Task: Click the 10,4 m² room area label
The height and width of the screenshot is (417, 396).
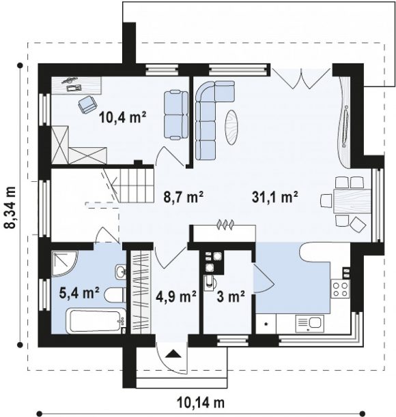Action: pyautogui.click(x=123, y=118)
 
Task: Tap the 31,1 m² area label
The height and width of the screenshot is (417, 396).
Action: pyautogui.click(x=274, y=197)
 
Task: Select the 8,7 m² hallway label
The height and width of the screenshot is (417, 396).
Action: pyautogui.click(x=184, y=197)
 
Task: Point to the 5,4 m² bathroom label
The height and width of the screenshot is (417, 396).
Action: pyautogui.click(x=79, y=294)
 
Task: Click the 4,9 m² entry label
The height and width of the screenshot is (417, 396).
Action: pyautogui.click(x=176, y=296)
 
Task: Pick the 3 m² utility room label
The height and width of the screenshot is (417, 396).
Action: pyautogui.click(x=231, y=296)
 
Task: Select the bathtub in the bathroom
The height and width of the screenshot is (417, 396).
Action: pyautogui.click(x=96, y=320)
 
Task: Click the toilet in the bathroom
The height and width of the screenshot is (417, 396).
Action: pyautogui.click(x=115, y=296)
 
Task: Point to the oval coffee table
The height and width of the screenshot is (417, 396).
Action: pyautogui.click(x=232, y=127)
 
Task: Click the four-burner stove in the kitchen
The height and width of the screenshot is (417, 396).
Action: pyautogui.click(x=340, y=288)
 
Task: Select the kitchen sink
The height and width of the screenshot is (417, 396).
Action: pyautogui.click(x=310, y=324)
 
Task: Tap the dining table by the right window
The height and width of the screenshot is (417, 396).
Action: pyautogui.click(x=352, y=201)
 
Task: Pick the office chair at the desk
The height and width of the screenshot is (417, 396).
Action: pyautogui.click(x=87, y=104)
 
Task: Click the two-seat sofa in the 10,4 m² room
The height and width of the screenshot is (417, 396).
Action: pyautogui.click(x=175, y=115)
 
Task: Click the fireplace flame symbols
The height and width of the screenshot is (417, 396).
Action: pyautogui.click(x=225, y=224)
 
